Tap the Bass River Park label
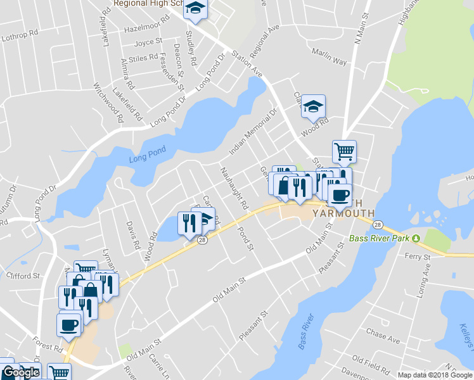380,239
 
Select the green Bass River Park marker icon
416,239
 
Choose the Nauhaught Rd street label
234,189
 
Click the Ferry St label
418,258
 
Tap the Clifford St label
23,275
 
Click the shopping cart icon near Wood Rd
344,151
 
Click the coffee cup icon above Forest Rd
69,325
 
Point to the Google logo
21,373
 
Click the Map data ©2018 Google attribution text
435,375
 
